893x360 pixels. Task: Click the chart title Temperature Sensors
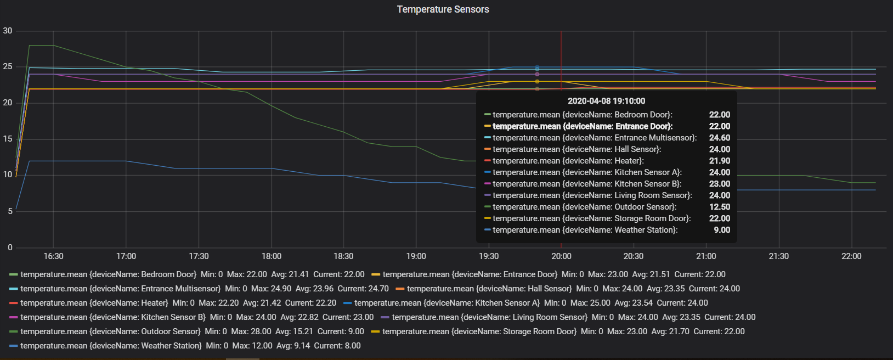click(443, 9)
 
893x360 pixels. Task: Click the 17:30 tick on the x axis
click(199, 256)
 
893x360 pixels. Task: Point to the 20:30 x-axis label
click(634, 256)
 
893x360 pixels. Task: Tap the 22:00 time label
click(851, 256)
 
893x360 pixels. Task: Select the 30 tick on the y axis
click(8, 31)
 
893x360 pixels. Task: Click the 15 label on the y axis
click(8, 139)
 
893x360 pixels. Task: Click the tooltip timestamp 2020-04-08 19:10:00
click(606, 101)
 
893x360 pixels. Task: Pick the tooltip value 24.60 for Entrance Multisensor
click(719, 138)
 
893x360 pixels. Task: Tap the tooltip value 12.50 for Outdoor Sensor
click(719, 207)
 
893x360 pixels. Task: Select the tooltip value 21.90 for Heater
click(719, 161)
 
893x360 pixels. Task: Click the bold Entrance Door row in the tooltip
click(582, 126)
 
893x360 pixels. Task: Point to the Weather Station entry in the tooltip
click(585, 230)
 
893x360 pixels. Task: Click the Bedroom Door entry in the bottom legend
click(108, 274)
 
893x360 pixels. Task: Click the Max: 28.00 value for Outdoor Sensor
click(251, 331)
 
